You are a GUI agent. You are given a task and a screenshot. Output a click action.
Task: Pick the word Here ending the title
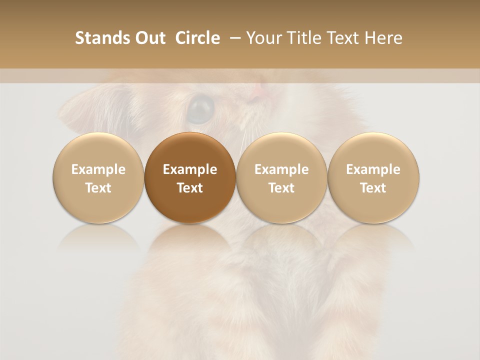(x=383, y=38)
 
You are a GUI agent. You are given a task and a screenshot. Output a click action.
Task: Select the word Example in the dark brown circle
(x=190, y=169)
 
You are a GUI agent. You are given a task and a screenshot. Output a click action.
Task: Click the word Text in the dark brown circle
(x=190, y=188)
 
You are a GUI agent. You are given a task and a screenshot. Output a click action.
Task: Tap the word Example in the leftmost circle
(x=98, y=169)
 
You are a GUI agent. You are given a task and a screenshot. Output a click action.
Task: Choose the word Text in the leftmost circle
(x=98, y=188)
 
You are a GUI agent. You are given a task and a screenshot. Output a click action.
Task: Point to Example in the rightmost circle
(x=373, y=169)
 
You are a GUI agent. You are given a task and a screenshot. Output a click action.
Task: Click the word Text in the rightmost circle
(x=373, y=188)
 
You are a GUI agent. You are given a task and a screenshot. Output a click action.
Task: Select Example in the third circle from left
(x=281, y=169)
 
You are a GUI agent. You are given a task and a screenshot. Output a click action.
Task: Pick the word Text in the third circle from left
(x=281, y=188)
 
